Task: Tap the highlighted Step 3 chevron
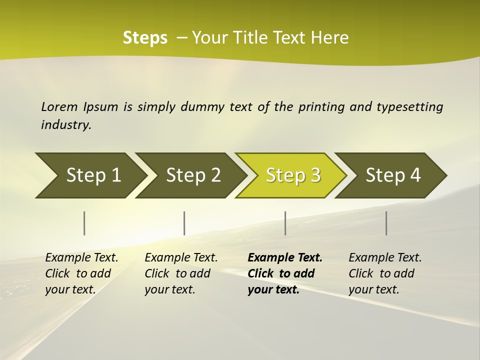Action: click(x=293, y=175)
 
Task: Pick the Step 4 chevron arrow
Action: click(x=393, y=175)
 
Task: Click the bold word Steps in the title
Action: click(x=145, y=38)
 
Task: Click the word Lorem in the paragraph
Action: click(x=59, y=106)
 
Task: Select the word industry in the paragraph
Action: click(x=65, y=124)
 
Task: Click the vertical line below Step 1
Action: click(x=84, y=223)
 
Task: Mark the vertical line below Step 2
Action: click(x=184, y=223)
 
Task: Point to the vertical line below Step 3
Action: click(x=285, y=223)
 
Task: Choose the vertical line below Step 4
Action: click(x=386, y=223)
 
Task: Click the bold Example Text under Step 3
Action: click(x=285, y=257)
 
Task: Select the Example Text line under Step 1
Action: click(x=81, y=257)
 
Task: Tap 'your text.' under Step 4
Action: click(x=373, y=289)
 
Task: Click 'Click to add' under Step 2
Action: click(x=177, y=273)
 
